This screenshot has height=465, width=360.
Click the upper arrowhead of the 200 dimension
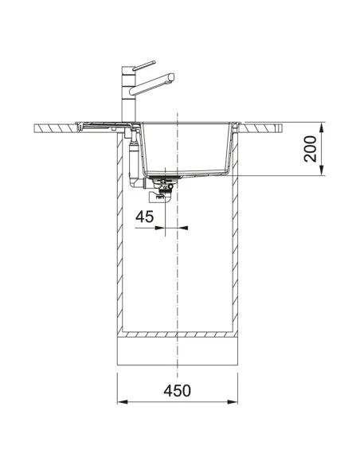tap(323, 126)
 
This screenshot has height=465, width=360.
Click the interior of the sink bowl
tap(187, 147)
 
